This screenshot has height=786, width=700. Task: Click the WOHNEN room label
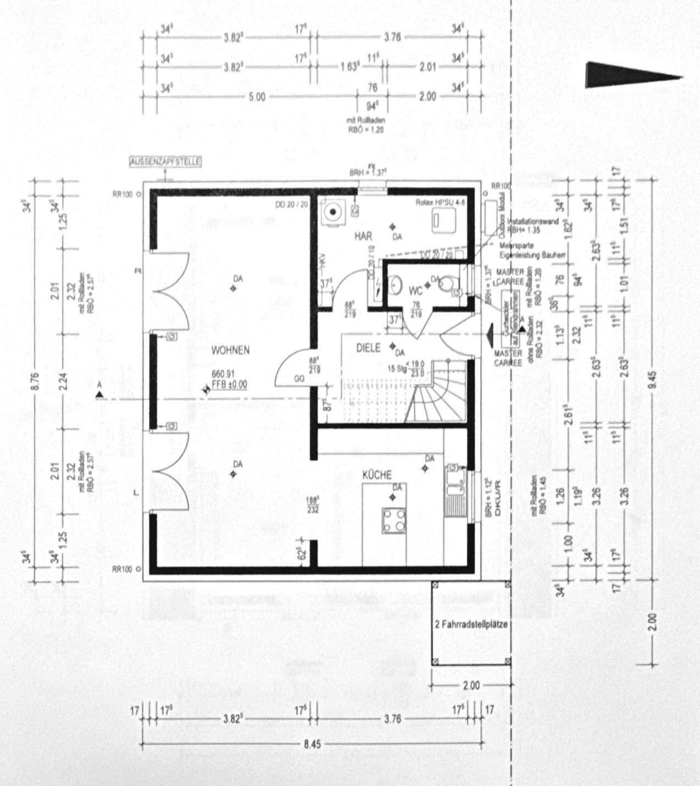[x=231, y=350]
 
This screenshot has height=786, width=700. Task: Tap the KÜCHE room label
[x=376, y=475]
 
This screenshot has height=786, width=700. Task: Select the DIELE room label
[x=368, y=348]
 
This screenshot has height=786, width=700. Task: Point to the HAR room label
[x=363, y=236]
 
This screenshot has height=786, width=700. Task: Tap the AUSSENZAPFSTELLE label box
[x=164, y=162]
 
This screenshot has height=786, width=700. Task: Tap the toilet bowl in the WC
[x=449, y=284]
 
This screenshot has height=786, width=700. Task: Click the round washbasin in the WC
[x=396, y=285]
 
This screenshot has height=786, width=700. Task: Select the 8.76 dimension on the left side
[x=37, y=379]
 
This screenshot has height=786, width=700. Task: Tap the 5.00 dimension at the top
[x=257, y=97]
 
